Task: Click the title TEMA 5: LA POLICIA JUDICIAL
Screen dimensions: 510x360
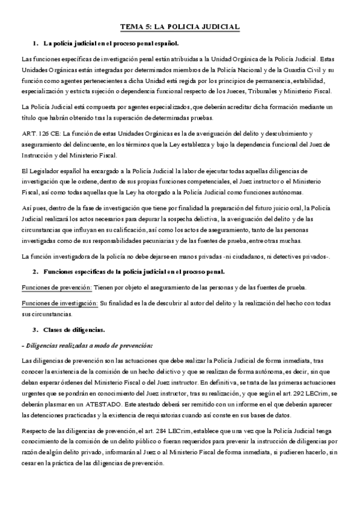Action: pyautogui.click(x=180, y=27)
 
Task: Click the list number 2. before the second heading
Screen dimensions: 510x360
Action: pyautogui.click(x=35, y=272)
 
